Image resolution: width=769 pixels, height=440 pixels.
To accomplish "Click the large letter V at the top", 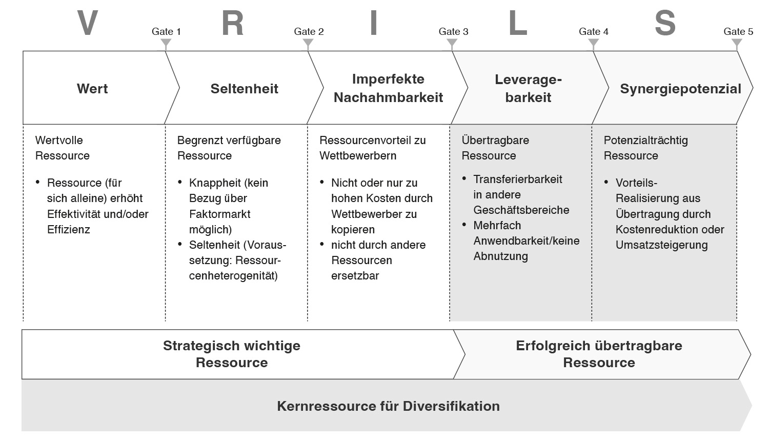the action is pos(88,23).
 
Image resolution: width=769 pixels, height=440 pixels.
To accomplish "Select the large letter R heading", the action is pos(233,23).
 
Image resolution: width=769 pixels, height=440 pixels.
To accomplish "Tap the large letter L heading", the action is pos(518,23).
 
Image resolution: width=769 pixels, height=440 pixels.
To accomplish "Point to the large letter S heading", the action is pos(665,23).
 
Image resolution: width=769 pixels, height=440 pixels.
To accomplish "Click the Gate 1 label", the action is pos(166,32).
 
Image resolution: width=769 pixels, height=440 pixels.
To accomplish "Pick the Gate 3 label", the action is pos(454,32).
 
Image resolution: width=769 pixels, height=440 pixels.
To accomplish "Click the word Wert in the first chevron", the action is pos(92,89).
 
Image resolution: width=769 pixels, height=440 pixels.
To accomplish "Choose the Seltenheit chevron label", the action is pos(245,89).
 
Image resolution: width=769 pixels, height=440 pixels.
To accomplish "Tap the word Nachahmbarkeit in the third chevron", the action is pos(388,97).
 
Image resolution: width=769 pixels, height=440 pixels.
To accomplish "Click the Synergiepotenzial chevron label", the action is pos(680,89).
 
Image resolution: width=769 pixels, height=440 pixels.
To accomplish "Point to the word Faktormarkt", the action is pos(220,214).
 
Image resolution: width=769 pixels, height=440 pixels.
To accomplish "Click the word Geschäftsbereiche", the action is pos(521,210).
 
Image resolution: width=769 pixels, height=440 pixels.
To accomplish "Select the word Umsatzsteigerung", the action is pos(661,245).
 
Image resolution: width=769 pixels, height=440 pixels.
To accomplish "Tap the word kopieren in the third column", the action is pos(353,229).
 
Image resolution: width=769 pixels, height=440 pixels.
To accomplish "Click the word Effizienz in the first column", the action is pos(69,229).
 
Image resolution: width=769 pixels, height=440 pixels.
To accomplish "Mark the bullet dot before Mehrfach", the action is pos(464,225).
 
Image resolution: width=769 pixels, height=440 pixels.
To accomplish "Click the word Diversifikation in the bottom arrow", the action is pos(451,406).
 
